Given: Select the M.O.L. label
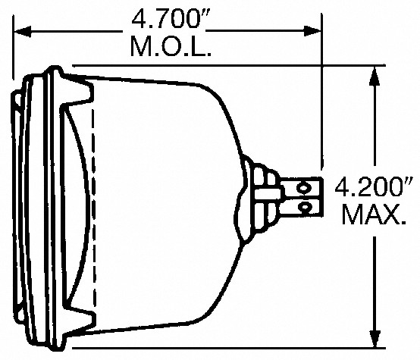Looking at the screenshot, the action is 171,47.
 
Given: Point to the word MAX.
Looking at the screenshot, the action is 374,214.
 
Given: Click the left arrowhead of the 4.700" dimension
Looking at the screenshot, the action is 23,30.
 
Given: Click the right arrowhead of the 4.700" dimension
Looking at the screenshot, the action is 312,31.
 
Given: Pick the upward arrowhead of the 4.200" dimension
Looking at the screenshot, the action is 375,77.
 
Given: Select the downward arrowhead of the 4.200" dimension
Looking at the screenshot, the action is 375,337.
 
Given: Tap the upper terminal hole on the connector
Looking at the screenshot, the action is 302,187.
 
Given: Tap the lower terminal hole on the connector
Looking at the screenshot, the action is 303,206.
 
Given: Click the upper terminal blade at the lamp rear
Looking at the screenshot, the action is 300,187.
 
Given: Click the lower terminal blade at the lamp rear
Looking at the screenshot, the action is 301,208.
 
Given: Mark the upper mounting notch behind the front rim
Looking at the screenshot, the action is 77,91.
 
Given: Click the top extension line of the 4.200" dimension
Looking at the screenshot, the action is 229,65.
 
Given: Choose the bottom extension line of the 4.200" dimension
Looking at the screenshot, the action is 229,348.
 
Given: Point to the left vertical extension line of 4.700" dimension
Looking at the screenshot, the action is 13,48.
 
